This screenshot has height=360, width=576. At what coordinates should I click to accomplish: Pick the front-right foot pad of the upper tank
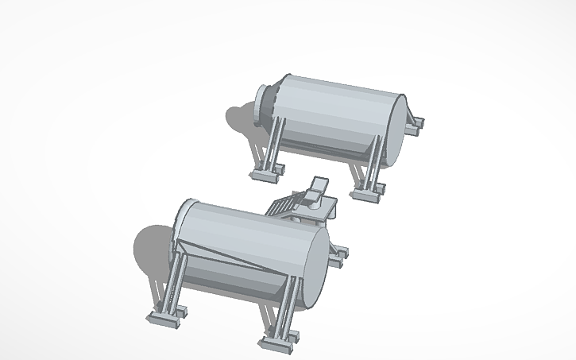[x=367, y=192]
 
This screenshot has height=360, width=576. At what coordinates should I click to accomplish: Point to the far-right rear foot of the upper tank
[x=415, y=123]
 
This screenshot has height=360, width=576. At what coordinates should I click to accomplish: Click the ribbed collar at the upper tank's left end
[x=267, y=103]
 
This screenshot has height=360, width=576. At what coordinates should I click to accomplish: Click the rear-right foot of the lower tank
[x=339, y=254]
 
